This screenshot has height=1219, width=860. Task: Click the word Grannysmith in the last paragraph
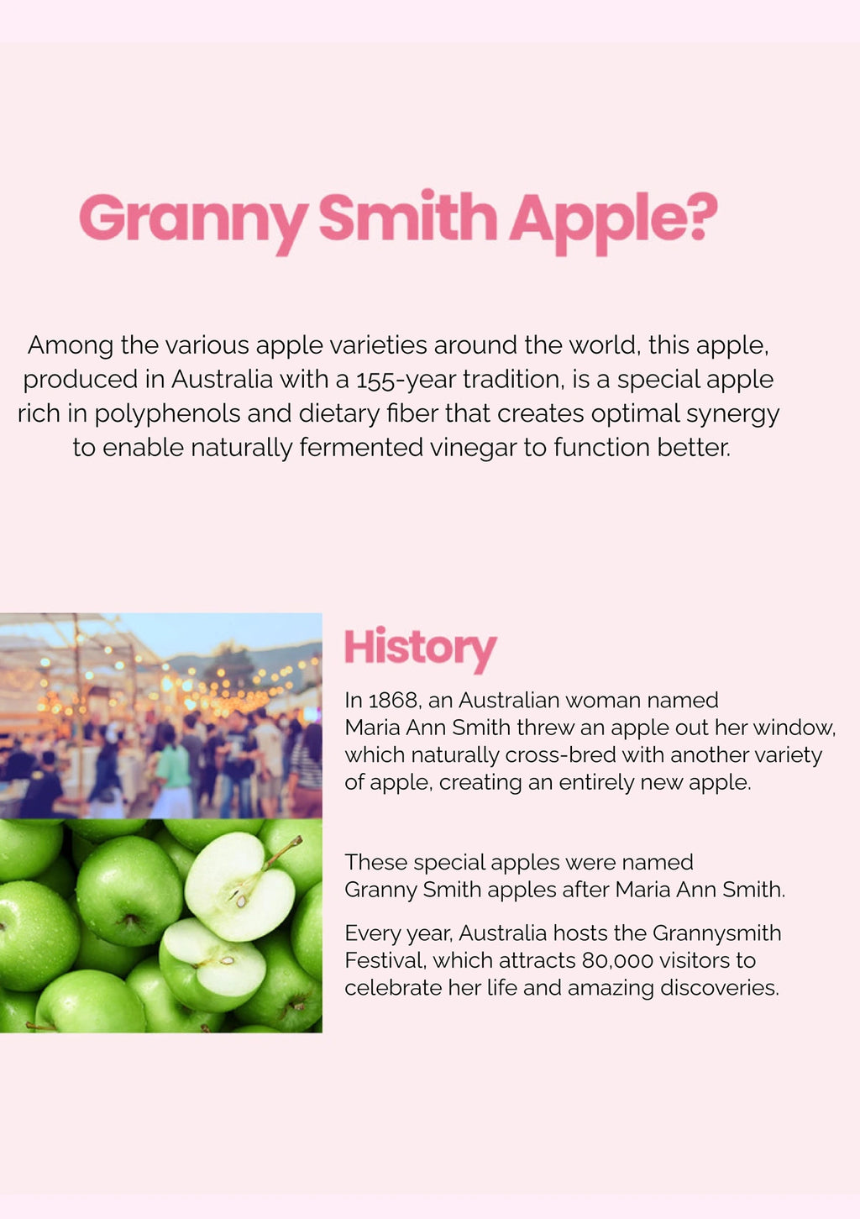point(716,933)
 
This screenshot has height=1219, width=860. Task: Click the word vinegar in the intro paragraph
point(473,449)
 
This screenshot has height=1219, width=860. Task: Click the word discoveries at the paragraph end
point(719,988)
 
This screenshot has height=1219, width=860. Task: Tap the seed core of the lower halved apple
point(222,962)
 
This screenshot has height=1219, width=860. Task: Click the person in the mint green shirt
point(172,773)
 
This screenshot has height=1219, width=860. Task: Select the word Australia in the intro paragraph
point(222,380)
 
